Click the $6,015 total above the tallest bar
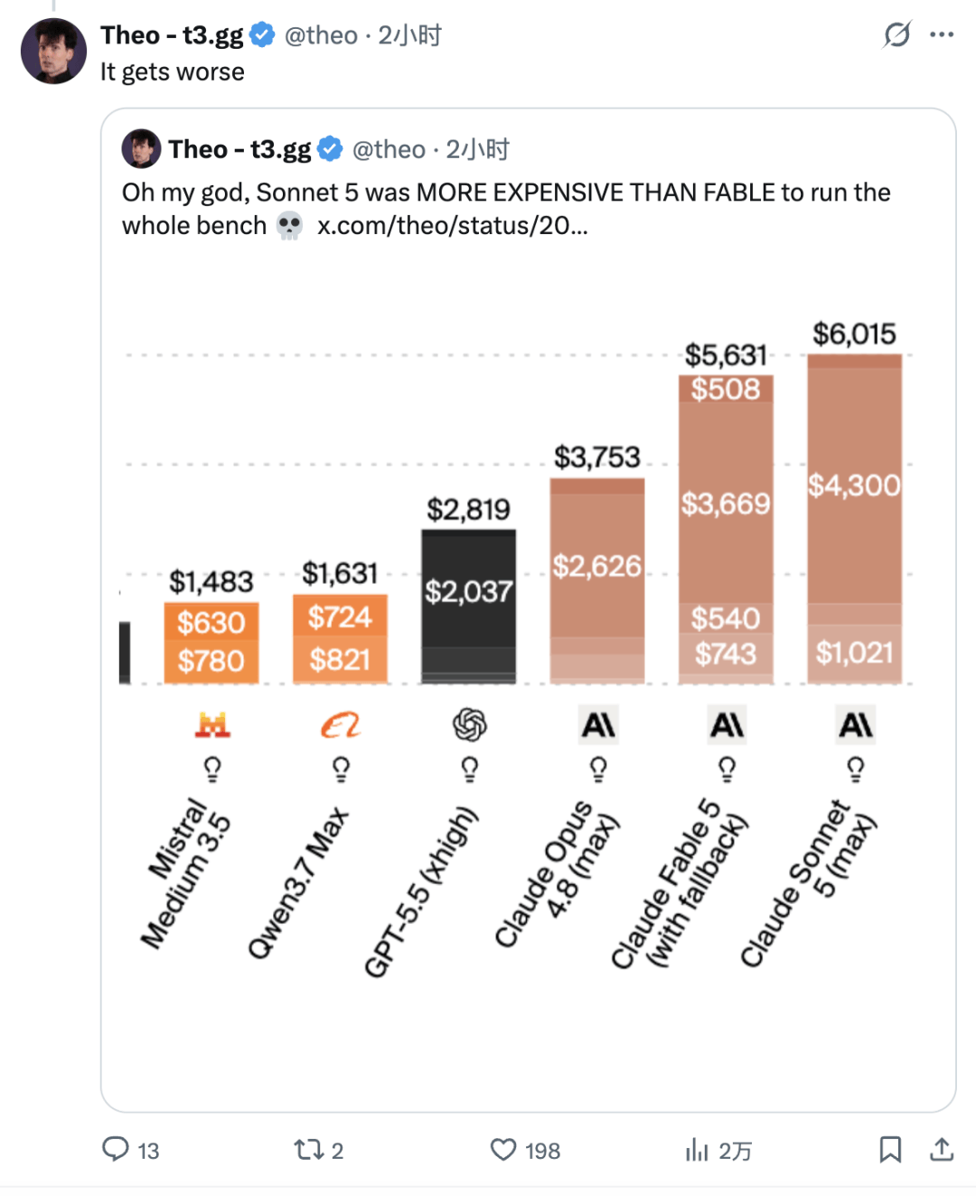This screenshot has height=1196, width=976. point(854,334)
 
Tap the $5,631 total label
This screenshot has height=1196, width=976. point(726,355)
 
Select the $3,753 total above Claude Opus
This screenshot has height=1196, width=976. point(596,457)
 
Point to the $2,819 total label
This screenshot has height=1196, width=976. point(468,509)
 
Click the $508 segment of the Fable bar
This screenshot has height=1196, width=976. point(726,389)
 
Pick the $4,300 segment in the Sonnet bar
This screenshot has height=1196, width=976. point(854,485)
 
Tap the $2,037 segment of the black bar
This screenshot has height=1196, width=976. point(469,591)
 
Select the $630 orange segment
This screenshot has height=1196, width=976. point(211,622)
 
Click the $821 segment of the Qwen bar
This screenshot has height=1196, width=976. point(340,660)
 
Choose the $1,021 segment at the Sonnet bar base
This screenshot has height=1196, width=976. point(854,653)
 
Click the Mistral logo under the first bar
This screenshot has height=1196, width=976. point(212,724)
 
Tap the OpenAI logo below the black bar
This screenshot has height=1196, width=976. point(469,724)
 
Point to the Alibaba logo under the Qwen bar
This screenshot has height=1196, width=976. point(341,725)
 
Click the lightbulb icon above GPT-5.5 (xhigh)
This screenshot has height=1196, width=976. point(469,769)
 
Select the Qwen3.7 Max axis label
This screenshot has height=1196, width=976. point(299,882)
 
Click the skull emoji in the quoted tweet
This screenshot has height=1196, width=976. point(289,226)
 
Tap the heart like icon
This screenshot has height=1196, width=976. point(502,1150)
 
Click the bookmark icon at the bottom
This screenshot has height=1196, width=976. point(890,1150)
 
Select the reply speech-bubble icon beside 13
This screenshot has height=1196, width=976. point(116,1150)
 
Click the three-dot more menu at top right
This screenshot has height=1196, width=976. point(942,35)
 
